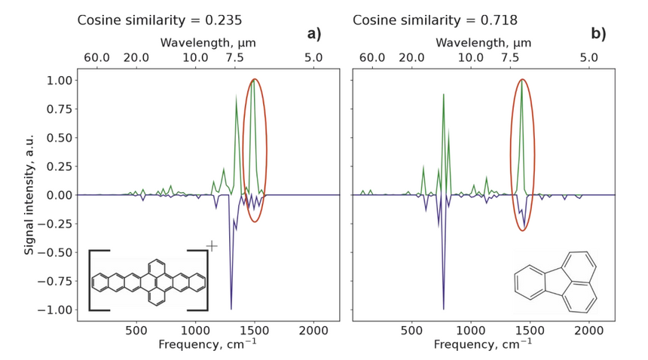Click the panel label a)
(x=313, y=34)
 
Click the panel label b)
(x=598, y=34)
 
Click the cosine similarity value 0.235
(x=218, y=20)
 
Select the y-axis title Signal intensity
(x=29, y=195)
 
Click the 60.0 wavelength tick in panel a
(x=97, y=57)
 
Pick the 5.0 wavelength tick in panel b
(x=589, y=57)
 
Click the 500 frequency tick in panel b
(x=411, y=330)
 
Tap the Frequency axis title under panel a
(x=207, y=345)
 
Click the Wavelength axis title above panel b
(x=483, y=43)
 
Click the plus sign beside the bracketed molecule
(x=212, y=246)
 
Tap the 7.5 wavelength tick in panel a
(x=234, y=57)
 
